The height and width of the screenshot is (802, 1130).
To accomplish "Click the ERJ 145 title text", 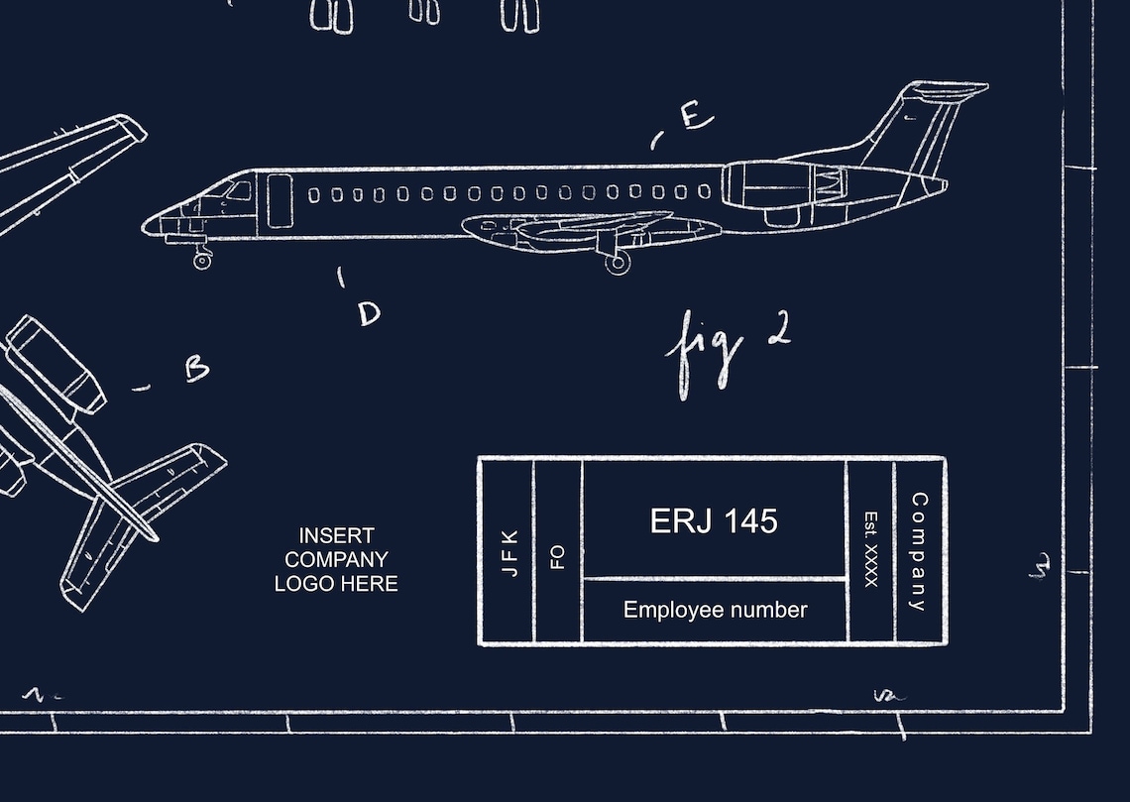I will pyautogui.click(x=714, y=521).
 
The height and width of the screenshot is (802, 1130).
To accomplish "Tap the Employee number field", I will pyautogui.click(x=715, y=611).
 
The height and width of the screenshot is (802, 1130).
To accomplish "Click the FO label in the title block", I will pyautogui.click(x=558, y=556).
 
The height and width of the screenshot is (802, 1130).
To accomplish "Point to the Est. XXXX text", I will pyautogui.click(x=871, y=549).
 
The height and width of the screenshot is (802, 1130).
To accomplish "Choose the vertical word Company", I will pyautogui.click(x=919, y=551).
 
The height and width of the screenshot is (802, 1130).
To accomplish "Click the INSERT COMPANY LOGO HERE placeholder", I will pyautogui.click(x=336, y=560).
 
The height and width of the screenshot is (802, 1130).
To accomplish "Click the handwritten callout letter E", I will pyautogui.click(x=696, y=117).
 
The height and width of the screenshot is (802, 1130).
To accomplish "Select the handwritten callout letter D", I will pyautogui.click(x=369, y=314).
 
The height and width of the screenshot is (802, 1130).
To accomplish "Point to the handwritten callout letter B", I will pyautogui.click(x=197, y=369).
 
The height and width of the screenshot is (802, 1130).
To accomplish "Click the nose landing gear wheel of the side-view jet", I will pyautogui.click(x=202, y=261).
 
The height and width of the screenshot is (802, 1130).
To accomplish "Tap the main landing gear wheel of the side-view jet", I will pyautogui.click(x=618, y=263).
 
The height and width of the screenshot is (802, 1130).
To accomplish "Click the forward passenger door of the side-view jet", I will pyautogui.click(x=280, y=201).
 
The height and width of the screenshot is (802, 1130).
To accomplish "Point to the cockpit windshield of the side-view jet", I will pyautogui.click(x=236, y=188).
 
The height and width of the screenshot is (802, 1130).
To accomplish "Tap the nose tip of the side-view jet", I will pyautogui.click(x=147, y=227).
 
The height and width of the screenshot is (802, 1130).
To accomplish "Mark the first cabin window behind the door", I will pyautogui.click(x=314, y=195).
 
